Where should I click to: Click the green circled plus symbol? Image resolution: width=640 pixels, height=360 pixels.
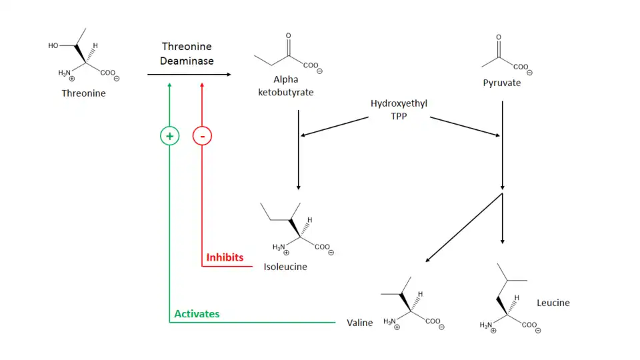point(170,136)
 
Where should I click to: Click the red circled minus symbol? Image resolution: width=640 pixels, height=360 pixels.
point(202,136)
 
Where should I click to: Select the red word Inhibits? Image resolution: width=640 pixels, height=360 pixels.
point(225,257)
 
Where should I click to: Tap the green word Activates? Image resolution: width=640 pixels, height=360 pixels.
point(197,314)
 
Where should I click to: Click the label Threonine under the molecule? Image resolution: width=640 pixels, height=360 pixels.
point(83,93)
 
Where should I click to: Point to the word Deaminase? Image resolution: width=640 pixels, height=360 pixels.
point(187,61)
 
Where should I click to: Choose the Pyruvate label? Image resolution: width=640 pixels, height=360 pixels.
point(502,83)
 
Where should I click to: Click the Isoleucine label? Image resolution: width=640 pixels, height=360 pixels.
point(286,267)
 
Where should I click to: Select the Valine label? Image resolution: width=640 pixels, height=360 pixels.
point(360,323)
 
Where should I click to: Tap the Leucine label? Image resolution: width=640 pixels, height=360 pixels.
point(553,303)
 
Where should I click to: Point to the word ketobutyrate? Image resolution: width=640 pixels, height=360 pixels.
point(285,92)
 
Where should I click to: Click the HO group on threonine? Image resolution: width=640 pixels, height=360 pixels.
point(53,46)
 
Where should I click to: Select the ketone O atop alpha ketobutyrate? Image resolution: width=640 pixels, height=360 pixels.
point(288,35)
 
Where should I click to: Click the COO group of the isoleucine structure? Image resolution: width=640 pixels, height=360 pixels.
point(322,247)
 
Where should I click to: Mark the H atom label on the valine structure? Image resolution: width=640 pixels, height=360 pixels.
point(420,295)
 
